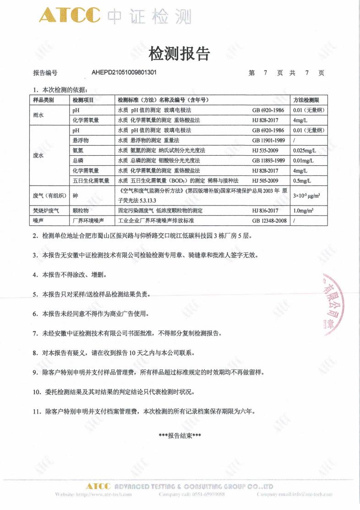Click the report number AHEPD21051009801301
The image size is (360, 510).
coord(124,72)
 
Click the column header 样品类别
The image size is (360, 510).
coord(44,100)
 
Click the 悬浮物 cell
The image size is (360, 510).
coord(81,140)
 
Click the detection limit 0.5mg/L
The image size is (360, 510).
coord(302,180)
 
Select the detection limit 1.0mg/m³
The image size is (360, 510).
coord(303,211)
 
